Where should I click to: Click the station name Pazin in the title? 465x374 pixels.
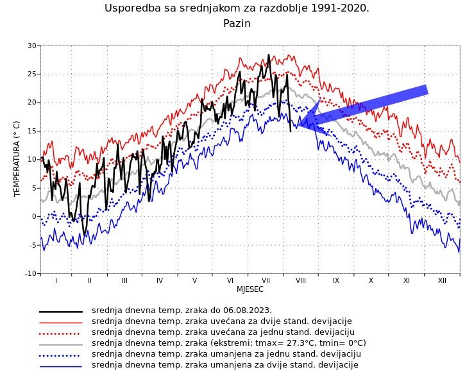pos(237,24)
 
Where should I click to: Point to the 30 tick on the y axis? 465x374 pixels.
pos(32,46)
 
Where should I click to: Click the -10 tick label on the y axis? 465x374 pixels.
pos(31,273)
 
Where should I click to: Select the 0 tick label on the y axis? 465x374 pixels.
pos(35,216)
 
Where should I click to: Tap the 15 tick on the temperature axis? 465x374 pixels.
pos(32,131)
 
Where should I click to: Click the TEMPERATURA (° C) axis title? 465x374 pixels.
pos(17,158)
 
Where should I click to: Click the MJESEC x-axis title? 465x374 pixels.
pos(250,289)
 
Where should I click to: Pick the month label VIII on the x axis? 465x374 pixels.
pos(300,280)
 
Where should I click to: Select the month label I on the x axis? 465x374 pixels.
pos(56,280)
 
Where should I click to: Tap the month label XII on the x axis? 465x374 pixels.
pos(442,280)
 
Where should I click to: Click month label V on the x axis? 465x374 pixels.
pos(194,280)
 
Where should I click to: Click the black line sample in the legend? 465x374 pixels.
pos(61,311)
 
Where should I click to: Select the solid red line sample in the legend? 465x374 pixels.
pos(61,322)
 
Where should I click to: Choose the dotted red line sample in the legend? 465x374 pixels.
pos(61,333)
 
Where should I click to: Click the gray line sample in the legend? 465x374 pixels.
pos(61,344)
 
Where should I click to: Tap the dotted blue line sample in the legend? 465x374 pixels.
pos(61,355)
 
